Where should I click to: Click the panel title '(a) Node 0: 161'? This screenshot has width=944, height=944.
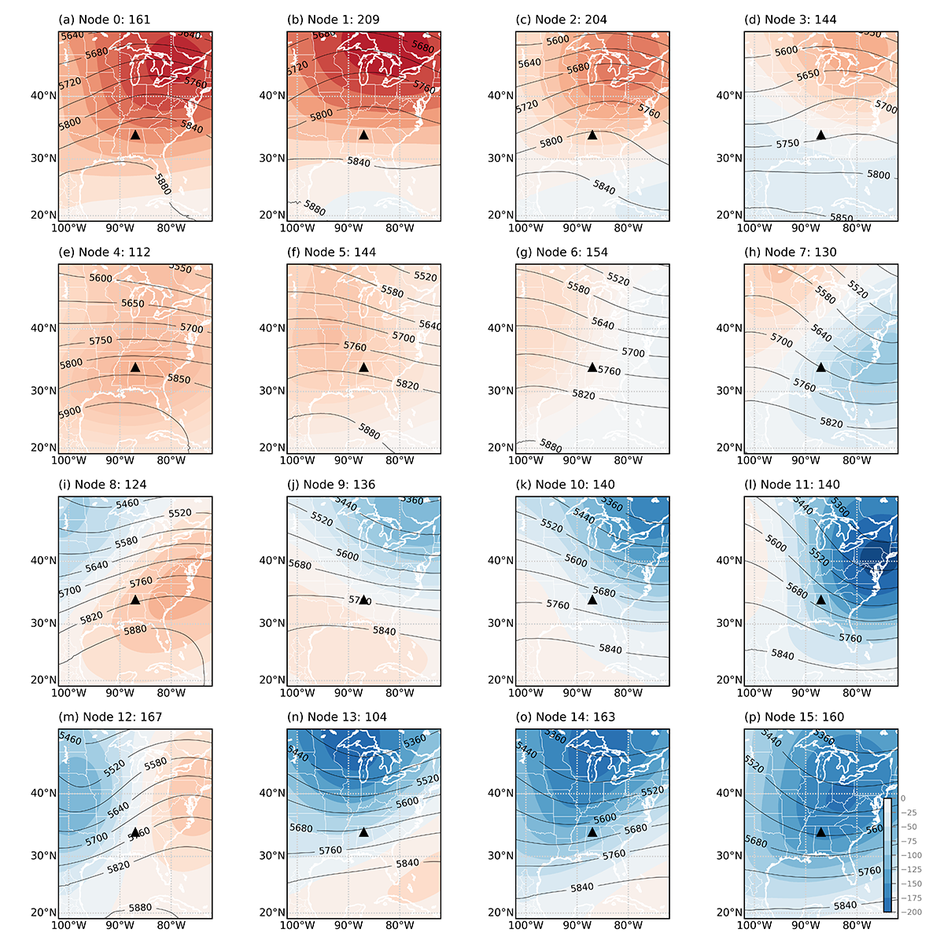105,19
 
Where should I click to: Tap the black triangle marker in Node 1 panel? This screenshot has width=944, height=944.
363,135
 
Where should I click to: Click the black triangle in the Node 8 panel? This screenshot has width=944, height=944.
135,600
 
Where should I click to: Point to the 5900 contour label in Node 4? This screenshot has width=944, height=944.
69,412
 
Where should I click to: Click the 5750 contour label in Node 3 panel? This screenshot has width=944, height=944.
787,144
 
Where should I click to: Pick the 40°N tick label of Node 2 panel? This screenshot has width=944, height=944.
500,95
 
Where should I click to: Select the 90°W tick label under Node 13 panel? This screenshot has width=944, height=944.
348,926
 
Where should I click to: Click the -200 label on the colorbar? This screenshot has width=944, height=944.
913,912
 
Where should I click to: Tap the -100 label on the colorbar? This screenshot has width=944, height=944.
913,855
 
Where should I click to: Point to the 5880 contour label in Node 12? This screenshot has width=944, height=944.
140,908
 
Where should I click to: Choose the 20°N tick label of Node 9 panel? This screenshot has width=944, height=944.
271,680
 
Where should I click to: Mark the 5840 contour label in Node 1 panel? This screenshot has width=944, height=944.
359,161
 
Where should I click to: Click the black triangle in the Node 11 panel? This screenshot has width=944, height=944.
820,600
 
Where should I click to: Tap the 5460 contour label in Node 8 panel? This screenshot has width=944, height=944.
127,503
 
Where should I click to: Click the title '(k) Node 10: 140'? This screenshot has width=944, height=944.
566,485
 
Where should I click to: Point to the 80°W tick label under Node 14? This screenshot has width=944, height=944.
629,926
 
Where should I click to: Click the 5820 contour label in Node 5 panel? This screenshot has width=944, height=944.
407,385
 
